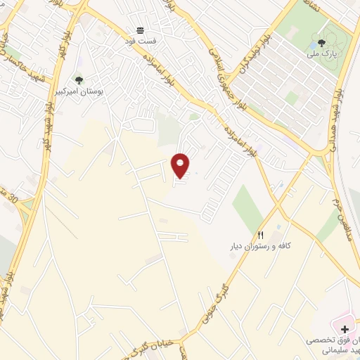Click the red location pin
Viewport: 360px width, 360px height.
tap(181, 165)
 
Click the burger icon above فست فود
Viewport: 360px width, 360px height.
tap(139, 31)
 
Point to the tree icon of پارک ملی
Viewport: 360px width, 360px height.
tap(322, 41)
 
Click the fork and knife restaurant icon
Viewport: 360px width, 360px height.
tap(261, 235)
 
